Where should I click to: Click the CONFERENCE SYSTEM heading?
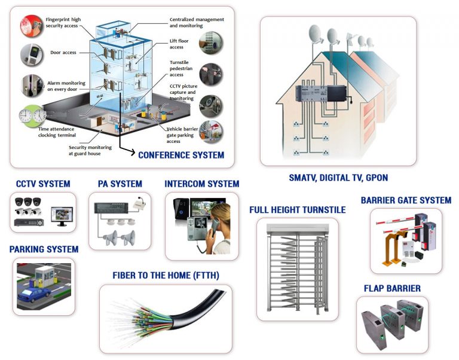(181, 155)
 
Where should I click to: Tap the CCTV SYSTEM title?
(42, 184)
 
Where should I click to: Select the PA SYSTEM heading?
(120, 184)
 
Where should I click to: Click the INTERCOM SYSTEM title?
(201, 184)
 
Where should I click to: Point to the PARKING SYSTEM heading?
(44, 249)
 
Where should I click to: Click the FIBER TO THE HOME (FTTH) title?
(166, 275)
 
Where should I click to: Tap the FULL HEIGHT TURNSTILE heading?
(298, 210)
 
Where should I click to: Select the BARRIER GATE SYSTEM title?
(406, 200)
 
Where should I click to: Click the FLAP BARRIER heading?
(392, 288)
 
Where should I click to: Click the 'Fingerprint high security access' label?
(63, 23)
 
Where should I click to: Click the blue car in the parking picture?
(34, 294)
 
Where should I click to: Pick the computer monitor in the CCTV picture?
(61, 215)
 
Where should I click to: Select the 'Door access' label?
(63, 53)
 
